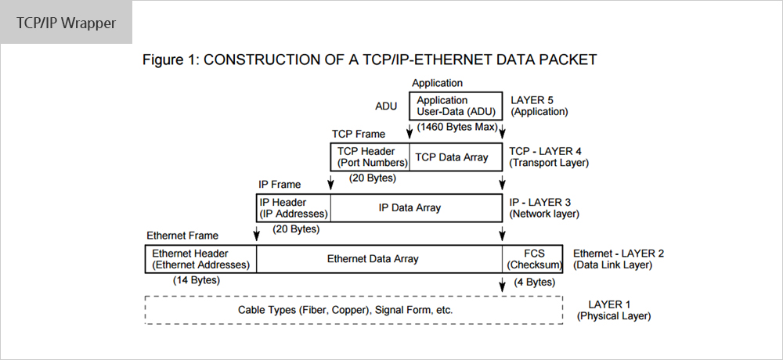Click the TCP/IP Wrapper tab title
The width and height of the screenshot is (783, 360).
point(66,23)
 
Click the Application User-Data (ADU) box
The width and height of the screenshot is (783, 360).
point(456,106)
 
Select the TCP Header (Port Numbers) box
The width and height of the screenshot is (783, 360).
point(370,157)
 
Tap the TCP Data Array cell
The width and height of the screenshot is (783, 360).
point(456,157)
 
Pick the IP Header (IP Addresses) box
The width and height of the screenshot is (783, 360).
point(294,207)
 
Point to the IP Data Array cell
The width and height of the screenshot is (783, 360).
point(417,207)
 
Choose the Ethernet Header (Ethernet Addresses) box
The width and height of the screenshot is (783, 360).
point(200,258)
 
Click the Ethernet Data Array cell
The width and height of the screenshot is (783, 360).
point(380,258)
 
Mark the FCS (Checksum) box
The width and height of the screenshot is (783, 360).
point(532,258)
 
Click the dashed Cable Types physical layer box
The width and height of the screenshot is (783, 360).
point(354,310)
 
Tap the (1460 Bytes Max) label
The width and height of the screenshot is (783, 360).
point(457,127)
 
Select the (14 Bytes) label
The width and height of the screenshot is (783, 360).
point(197,280)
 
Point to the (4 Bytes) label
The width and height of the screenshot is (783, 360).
point(534,282)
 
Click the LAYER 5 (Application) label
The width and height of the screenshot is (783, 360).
point(539,106)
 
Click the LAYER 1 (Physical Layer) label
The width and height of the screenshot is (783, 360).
point(614,310)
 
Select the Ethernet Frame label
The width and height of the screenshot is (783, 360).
point(182,235)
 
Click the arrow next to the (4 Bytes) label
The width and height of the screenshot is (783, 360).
point(503,283)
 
